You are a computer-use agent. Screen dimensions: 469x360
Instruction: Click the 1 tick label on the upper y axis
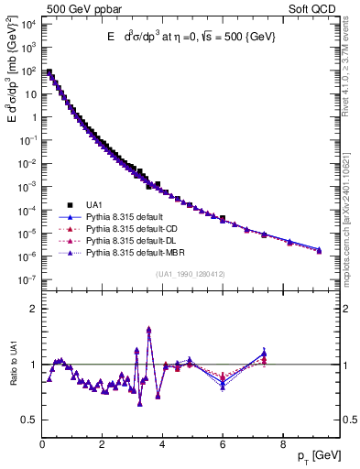34,116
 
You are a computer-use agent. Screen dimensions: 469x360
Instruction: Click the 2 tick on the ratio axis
35,309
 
